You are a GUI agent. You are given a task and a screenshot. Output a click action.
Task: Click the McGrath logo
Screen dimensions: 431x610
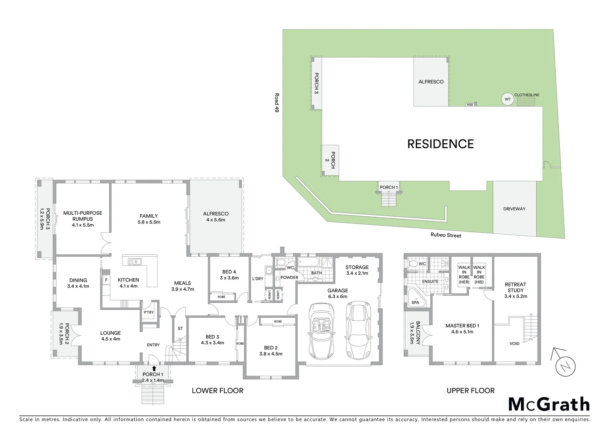click(x=549, y=404)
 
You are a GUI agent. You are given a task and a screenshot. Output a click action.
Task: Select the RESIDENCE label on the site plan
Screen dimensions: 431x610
click(x=440, y=144)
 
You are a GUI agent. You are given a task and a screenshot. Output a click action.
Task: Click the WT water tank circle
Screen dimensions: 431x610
click(x=507, y=99)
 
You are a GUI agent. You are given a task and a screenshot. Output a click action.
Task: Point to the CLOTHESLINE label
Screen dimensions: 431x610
click(x=526, y=95)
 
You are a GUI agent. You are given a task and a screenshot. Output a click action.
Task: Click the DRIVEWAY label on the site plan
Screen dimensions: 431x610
click(x=514, y=209)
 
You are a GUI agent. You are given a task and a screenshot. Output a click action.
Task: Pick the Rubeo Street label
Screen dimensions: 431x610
click(x=446, y=235)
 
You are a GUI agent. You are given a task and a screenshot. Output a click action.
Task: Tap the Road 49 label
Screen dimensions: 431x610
click(x=276, y=103)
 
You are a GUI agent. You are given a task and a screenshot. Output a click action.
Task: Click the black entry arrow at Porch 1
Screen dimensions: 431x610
click(x=154, y=368)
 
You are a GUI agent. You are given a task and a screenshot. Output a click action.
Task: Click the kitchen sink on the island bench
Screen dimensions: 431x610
click(x=134, y=262)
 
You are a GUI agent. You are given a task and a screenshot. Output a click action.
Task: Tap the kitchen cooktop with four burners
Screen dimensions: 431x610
click(x=124, y=304)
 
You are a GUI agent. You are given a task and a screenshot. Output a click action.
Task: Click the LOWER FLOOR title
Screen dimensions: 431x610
click(x=217, y=391)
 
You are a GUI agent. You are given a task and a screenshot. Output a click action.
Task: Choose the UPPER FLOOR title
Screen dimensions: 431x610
click(x=470, y=391)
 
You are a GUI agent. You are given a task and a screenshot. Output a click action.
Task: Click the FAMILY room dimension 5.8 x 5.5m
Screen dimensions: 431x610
click(x=149, y=222)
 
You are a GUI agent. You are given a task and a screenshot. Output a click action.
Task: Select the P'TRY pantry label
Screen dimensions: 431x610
click(x=148, y=312)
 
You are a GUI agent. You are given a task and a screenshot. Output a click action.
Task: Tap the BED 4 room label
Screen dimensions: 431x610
click(x=229, y=272)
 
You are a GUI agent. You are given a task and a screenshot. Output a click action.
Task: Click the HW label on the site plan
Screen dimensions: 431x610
click(x=470, y=105)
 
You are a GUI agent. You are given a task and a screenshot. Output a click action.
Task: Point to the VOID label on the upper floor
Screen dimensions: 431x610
click(x=514, y=344)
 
